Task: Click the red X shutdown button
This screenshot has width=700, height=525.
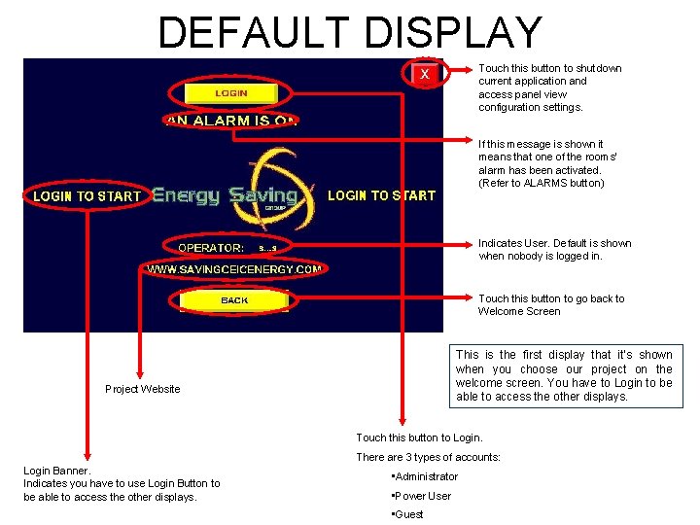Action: tap(424, 74)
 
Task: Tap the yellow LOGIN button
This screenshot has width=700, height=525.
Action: tap(230, 93)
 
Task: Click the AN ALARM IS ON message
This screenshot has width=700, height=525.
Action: tap(230, 121)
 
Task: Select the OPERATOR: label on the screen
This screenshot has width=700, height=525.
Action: tap(211, 248)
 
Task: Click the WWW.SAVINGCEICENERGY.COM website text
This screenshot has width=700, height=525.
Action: tap(234, 268)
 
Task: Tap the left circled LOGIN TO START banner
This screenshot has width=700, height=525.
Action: tap(87, 195)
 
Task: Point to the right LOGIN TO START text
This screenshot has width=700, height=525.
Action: tap(381, 195)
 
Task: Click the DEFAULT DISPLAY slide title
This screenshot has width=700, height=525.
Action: tap(350, 31)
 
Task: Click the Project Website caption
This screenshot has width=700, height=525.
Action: tap(142, 389)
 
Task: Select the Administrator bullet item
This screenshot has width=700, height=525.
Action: tap(426, 476)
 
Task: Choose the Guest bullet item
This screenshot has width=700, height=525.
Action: tap(408, 514)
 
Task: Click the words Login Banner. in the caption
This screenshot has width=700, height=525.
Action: tap(56, 471)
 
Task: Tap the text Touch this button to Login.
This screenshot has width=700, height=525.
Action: tap(419, 437)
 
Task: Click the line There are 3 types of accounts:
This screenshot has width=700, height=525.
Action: tap(428, 457)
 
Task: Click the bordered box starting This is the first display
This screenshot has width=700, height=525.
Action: tap(564, 375)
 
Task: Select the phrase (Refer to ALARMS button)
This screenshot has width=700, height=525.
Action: tap(541, 183)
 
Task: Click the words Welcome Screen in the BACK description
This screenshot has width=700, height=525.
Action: tap(519, 311)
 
